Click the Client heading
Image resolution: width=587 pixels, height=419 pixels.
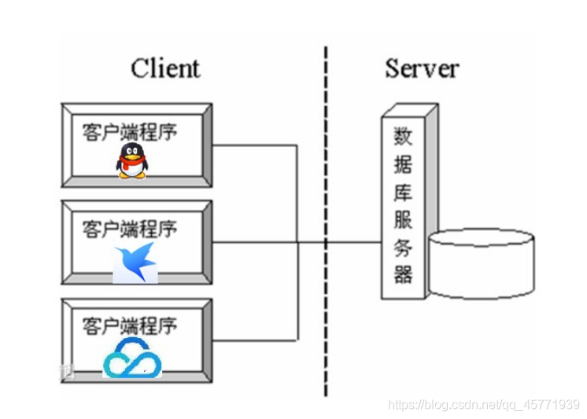point(165,68)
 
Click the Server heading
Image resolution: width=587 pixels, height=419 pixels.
point(422,68)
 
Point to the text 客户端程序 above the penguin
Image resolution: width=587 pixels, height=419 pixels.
point(130,130)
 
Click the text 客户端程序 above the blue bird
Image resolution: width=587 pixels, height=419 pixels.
point(130,229)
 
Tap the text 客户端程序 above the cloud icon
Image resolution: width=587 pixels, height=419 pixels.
point(130,325)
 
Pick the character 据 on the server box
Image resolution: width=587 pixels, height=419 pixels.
point(403,164)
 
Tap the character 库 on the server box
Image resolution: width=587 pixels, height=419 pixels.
point(403,192)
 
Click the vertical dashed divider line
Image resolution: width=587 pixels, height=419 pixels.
point(325,220)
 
